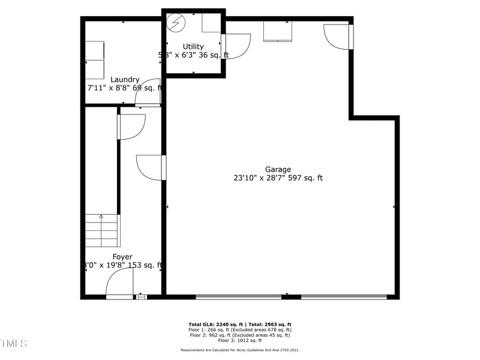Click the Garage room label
[x=278, y=169]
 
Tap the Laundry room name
[x=125, y=79]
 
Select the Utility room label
[x=193, y=46]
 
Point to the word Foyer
[x=122, y=257]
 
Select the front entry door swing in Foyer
[x=120, y=283]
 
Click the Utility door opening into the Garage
[x=236, y=47]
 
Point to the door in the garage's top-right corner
[x=337, y=35]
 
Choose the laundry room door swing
[x=151, y=92]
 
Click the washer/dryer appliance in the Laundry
[x=94, y=60]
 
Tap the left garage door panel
[x=239, y=296]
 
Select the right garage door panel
[x=344, y=296]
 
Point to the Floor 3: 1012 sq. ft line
[x=240, y=340]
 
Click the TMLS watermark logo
[x=13, y=343]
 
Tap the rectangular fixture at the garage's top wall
[x=278, y=31]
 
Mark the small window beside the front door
[x=142, y=296]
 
